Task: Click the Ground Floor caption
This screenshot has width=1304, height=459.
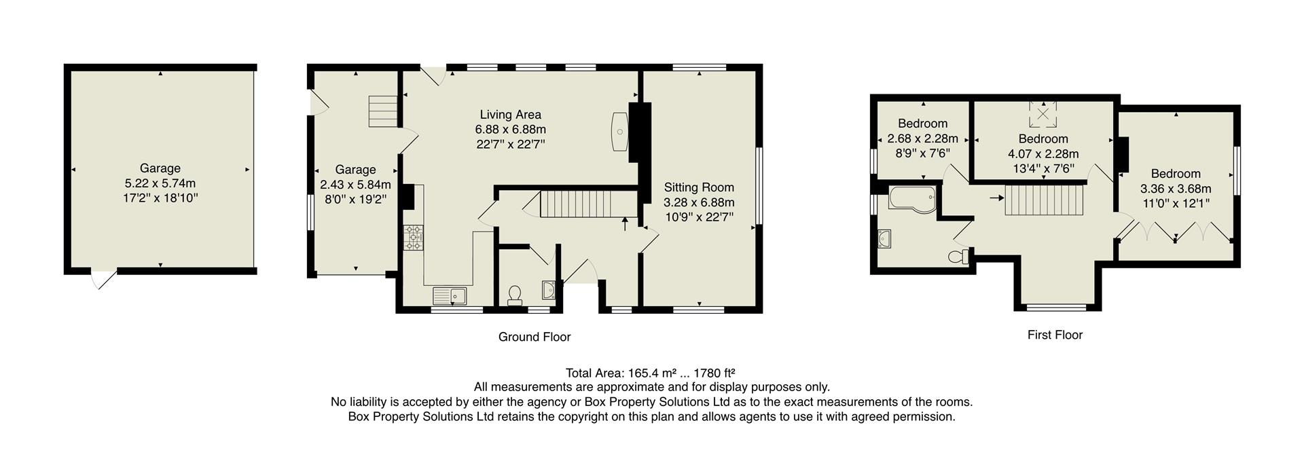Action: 534,337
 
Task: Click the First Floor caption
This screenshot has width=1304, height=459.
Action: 1054,335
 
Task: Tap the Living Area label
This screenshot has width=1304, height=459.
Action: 510,115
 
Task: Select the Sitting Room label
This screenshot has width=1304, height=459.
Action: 698,187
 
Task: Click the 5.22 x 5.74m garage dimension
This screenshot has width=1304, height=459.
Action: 160,183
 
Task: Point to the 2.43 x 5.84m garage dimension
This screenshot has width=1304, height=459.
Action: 355,185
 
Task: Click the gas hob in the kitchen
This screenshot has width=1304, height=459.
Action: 413,238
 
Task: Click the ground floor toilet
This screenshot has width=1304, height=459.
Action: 515,295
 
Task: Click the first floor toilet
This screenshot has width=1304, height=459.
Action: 958,257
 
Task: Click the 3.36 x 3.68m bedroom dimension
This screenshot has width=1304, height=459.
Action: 1175,189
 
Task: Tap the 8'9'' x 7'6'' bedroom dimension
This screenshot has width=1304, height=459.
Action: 922,153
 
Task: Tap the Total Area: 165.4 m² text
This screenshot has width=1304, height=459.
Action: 650,373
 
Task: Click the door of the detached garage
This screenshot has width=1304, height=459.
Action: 103,278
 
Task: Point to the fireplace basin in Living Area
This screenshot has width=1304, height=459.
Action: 620,132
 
